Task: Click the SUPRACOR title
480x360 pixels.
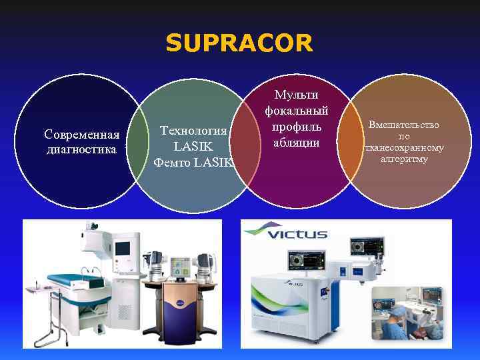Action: [239, 43]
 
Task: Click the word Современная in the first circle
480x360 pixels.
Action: [81, 137]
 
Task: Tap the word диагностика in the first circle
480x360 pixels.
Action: [81, 149]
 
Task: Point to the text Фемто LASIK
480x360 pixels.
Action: [193, 162]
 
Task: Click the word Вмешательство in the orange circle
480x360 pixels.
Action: [404, 125]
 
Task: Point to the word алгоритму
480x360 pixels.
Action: [404, 159]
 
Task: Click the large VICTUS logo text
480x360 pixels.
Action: [293, 233]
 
